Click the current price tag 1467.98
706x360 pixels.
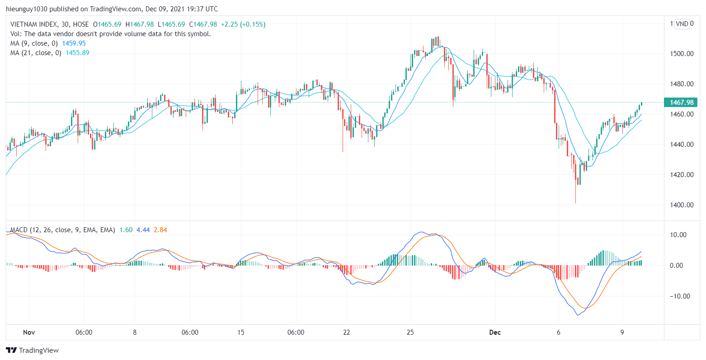click(681, 103)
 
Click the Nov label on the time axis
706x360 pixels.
click(29, 333)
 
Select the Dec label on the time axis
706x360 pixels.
click(495, 333)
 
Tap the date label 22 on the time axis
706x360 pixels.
click(347, 333)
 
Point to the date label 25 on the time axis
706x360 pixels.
click(410, 333)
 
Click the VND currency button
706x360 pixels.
click(682, 24)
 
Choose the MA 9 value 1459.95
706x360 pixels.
click(75, 43)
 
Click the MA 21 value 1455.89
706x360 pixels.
click(77, 52)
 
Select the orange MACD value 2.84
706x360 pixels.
click(160, 230)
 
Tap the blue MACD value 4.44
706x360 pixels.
click(143, 230)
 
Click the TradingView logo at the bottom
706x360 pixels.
click(33, 350)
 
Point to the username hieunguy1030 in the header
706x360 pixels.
click(27, 9)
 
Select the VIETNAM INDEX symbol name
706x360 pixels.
click(34, 24)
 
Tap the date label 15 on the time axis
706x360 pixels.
click(240, 333)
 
